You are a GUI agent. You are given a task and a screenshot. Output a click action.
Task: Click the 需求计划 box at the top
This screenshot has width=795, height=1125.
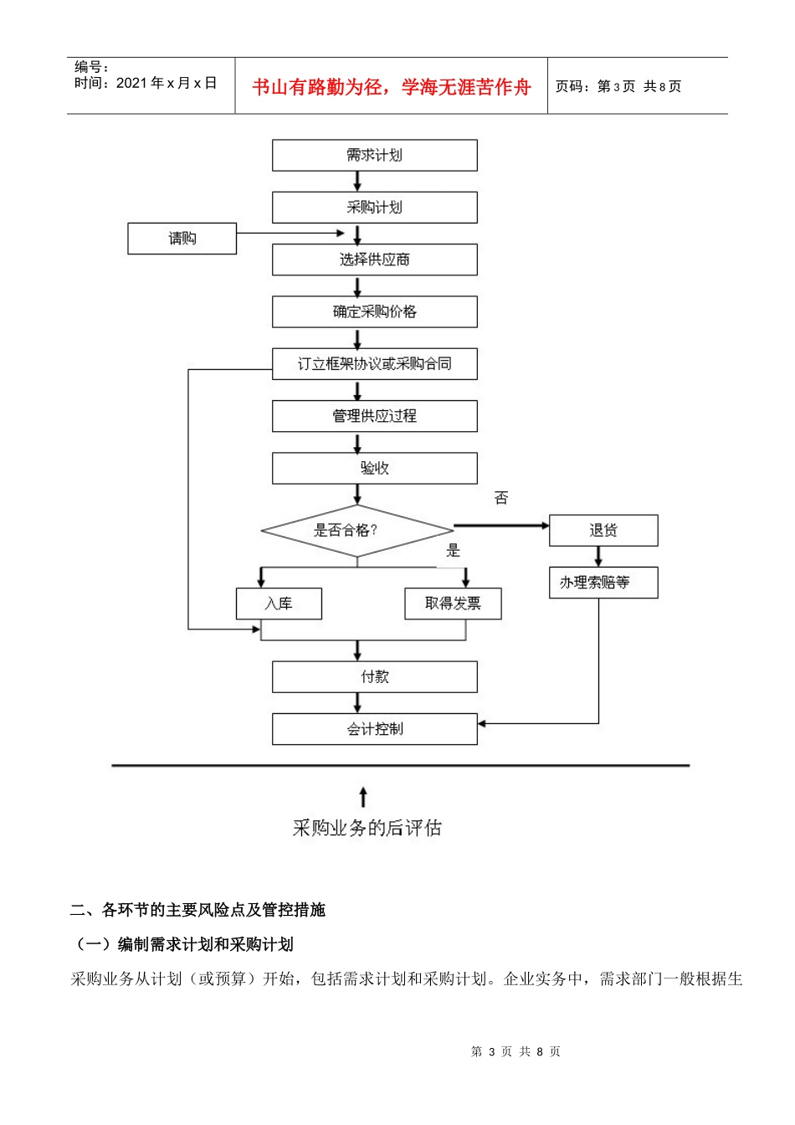pos(374,156)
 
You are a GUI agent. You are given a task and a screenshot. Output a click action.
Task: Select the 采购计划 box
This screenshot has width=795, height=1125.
pos(374,208)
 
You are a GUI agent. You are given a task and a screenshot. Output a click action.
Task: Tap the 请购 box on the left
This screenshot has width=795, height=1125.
pos(182,239)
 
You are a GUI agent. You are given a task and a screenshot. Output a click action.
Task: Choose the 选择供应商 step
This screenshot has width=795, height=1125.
pos(374,259)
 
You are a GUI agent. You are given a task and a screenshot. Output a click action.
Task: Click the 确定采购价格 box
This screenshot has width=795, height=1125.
pos(374,311)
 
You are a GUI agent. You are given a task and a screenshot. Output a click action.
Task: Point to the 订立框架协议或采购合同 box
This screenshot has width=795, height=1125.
pos(374,364)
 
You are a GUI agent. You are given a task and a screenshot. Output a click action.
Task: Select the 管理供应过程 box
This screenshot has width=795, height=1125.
pos(374,416)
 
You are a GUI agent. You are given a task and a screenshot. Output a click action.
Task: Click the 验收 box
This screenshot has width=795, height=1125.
pos(374,468)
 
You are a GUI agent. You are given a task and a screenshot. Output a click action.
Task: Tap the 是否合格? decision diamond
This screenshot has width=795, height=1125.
pos(356,530)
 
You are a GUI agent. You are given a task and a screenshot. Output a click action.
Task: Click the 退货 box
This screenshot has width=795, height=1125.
pos(603,531)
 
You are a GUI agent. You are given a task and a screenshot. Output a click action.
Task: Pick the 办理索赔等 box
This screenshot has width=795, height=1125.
pos(603,583)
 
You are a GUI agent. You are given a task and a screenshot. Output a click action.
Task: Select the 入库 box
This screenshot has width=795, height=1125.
pos(279,604)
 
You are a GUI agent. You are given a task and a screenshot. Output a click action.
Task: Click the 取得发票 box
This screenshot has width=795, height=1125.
pos(453,604)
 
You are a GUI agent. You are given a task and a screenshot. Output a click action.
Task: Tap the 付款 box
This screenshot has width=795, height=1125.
pos(374,677)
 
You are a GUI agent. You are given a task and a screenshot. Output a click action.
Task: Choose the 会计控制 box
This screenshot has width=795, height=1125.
pos(374,729)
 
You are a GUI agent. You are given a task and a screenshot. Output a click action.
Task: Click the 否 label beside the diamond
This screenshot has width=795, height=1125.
pos(501,498)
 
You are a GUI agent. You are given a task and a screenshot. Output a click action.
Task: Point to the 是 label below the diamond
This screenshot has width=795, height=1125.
pos(454,551)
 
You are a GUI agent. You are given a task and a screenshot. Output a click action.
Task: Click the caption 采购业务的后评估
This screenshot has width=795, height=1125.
pos(367,828)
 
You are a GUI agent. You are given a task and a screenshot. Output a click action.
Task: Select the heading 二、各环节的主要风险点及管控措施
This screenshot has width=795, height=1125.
pos(197,910)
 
